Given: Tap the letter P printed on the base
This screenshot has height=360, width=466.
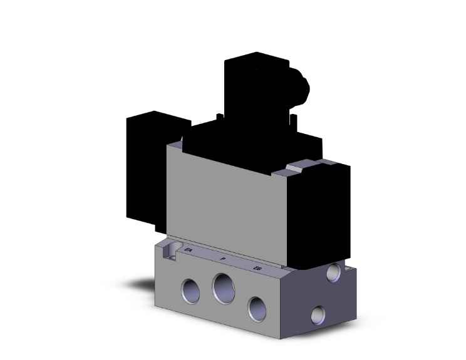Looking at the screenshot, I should (222, 258).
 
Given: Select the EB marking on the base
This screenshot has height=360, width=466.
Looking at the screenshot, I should (257, 268).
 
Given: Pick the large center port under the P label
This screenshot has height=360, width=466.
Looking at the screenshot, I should (224, 287).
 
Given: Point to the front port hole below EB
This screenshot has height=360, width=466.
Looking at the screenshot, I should (257, 306).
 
